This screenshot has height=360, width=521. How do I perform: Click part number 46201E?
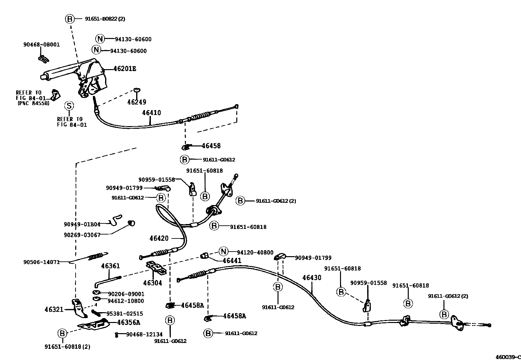[x=125, y=69]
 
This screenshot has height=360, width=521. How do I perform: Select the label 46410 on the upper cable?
[x=151, y=113]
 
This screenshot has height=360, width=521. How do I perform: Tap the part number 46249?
[x=136, y=102]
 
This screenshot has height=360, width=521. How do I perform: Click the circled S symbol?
[x=69, y=106]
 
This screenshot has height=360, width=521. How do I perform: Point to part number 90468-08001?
[x=42, y=45]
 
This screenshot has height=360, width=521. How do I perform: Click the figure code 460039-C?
[x=507, y=357]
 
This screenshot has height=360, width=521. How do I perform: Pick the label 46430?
[x=312, y=278]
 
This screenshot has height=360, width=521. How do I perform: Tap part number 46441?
[x=232, y=260]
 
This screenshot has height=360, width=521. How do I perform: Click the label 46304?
[x=153, y=283]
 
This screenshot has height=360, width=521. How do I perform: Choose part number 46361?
[x=110, y=266]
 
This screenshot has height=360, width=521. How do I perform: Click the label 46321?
[x=54, y=309]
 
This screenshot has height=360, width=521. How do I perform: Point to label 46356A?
[x=128, y=322]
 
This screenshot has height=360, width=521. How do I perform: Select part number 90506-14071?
[x=42, y=262]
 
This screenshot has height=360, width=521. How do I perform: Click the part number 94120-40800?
[x=255, y=252]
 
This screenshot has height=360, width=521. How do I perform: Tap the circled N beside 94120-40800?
[x=223, y=252]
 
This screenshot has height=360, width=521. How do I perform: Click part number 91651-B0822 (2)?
[x=105, y=19]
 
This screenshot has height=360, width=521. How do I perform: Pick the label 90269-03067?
[x=82, y=235]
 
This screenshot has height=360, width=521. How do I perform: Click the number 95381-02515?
[x=125, y=313]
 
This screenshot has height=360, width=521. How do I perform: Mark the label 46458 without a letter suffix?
[x=211, y=146]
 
